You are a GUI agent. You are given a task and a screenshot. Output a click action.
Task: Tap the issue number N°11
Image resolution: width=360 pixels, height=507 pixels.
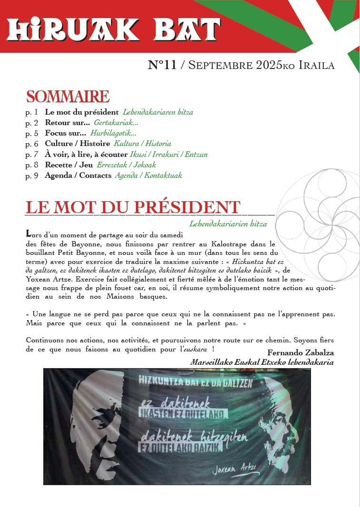coord(162,65)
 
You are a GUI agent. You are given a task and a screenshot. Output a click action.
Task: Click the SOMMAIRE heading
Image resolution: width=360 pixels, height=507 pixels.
coord(68,97)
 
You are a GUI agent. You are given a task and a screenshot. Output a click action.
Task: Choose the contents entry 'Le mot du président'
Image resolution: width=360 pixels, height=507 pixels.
coord(82,113)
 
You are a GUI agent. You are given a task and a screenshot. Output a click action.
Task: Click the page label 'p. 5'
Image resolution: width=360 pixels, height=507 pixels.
coord(32,133)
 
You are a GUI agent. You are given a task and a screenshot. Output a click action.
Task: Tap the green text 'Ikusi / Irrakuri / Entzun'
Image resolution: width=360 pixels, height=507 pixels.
coord(168,154)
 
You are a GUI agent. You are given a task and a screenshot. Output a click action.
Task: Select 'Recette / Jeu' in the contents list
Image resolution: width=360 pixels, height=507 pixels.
coord(69,165)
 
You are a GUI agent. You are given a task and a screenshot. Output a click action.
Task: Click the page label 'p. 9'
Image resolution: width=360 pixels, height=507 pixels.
coord(32,175)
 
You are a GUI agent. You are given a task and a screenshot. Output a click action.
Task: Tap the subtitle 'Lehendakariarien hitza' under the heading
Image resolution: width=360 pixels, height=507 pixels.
coord(228,224)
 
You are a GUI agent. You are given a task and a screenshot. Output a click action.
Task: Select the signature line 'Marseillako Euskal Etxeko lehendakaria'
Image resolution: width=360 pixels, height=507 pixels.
coord(262,362)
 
